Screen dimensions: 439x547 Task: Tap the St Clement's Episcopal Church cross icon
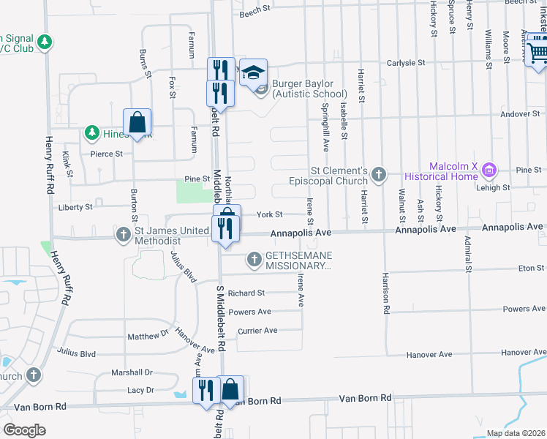[x=378, y=174]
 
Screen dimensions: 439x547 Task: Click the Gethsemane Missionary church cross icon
[x=254, y=258]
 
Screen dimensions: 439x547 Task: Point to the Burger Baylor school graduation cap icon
[x=254, y=72]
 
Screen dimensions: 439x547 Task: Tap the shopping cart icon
[x=537, y=51]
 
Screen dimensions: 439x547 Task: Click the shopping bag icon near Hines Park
[x=137, y=123]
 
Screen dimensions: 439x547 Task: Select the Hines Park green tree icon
[x=92, y=133]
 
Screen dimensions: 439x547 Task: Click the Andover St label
[x=521, y=113]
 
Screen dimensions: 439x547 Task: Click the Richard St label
[x=246, y=293]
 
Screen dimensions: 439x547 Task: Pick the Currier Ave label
[x=257, y=331]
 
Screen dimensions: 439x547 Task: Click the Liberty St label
[x=76, y=207]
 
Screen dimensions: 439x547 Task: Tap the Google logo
[x=24, y=430]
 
